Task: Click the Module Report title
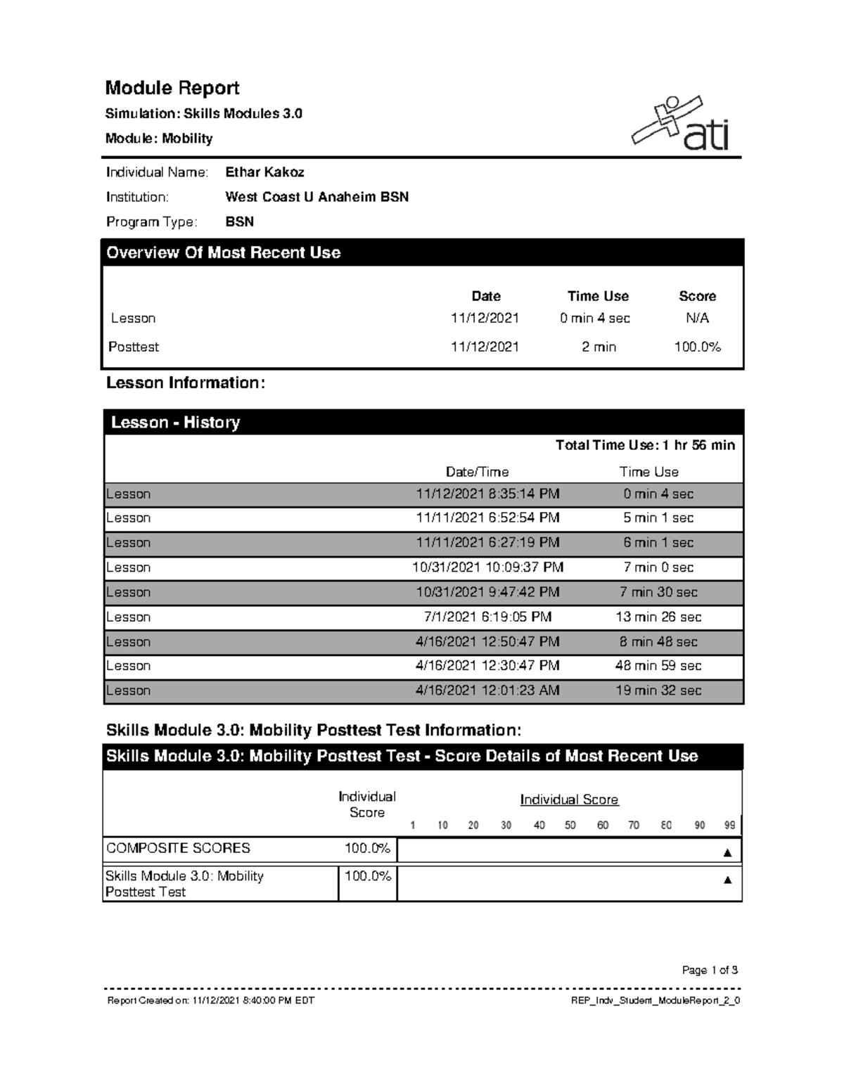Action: click(172, 88)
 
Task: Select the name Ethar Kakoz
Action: click(264, 172)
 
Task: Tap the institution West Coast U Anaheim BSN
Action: click(316, 197)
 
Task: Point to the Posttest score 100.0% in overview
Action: click(697, 347)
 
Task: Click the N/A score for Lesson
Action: click(697, 319)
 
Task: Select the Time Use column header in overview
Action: click(598, 296)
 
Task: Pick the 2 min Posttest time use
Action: click(599, 347)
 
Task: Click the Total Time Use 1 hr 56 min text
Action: click(645, 445)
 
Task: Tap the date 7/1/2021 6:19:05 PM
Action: click(487, 617)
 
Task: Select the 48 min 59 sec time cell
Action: click(658, 666)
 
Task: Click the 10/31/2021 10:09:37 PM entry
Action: click(487, 567)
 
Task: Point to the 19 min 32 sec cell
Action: click(658, 690)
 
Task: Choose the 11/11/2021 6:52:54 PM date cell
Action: click(487, 518)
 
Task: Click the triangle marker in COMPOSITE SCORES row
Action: click(727, 853)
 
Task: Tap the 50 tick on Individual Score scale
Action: click(570, 826)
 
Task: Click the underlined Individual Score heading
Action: click(569, 799)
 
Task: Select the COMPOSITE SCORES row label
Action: click(178, 848)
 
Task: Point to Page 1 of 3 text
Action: click(710, 970)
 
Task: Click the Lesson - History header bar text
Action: click(175, 423)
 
